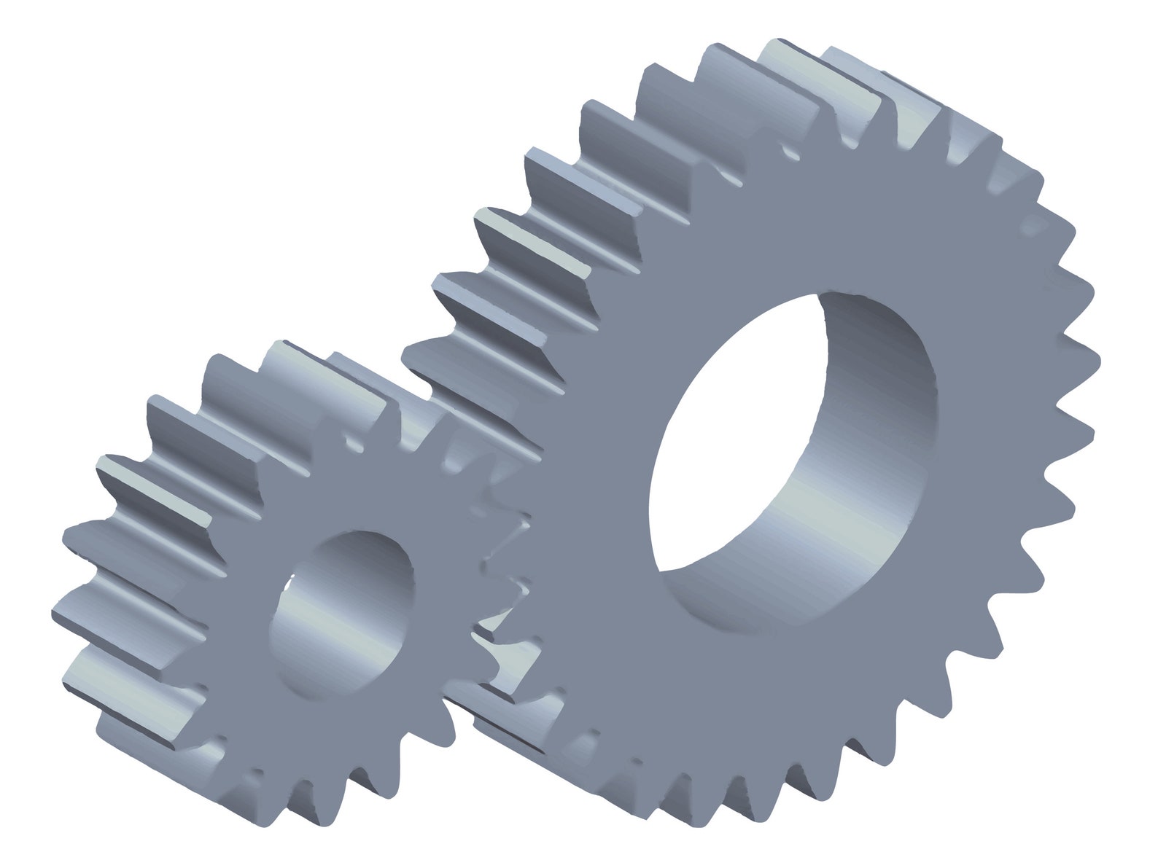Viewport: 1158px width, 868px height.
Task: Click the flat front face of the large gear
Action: tap(948, 619)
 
